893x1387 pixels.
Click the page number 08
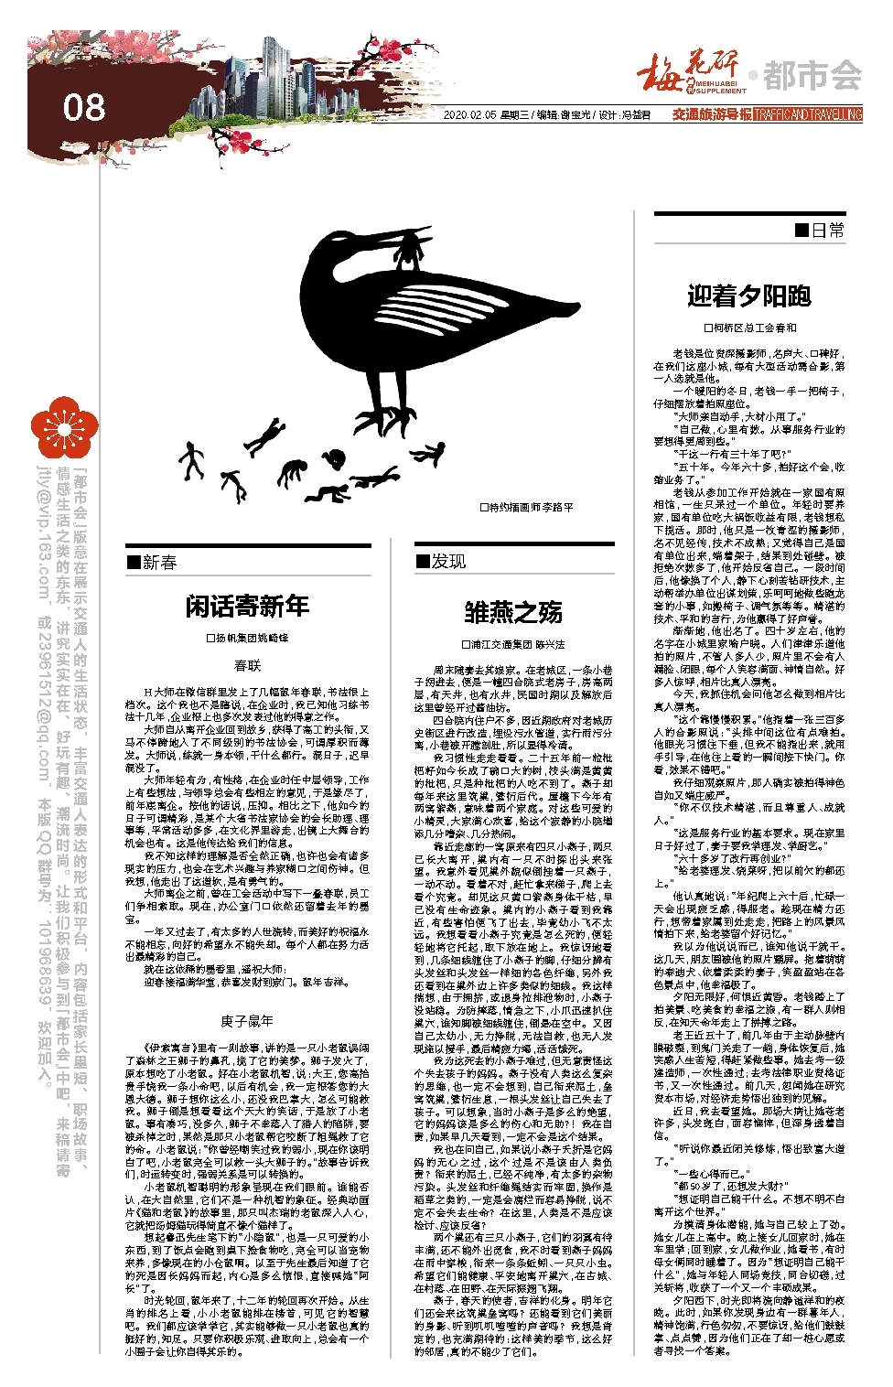84,108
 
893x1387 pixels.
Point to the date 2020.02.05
469,115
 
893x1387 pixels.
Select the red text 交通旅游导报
712,115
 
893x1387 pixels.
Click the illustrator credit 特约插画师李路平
526,508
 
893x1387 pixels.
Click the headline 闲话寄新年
247,606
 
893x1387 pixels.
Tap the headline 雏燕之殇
513,612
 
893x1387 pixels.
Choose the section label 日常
821,231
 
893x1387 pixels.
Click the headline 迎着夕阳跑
749,296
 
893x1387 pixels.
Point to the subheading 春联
247,666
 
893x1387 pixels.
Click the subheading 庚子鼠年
247,1020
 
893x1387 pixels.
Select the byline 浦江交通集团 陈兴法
513,644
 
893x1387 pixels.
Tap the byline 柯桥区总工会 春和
749,328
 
